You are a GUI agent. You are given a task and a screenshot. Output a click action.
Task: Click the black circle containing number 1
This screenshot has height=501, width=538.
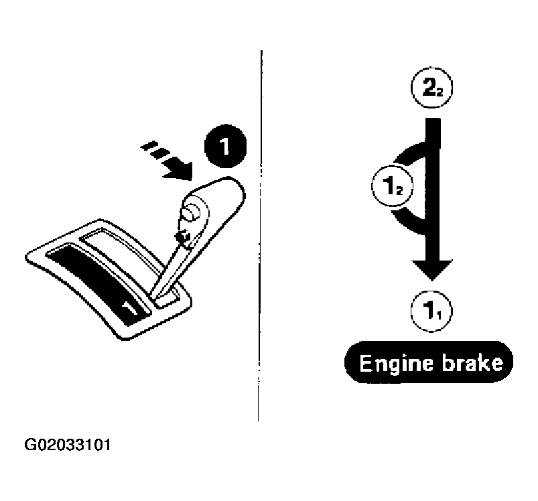point(225,146)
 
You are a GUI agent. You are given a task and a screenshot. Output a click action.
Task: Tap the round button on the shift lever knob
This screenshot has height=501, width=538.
point(190,212)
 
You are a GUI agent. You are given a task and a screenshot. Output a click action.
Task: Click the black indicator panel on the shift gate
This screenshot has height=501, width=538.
point(98,283)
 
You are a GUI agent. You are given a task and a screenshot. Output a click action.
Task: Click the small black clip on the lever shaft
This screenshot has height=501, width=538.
point(183,236)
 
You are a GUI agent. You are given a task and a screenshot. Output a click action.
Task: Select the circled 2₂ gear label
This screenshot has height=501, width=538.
point(431,88)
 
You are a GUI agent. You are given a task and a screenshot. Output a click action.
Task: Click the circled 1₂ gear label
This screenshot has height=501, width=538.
point(392,186)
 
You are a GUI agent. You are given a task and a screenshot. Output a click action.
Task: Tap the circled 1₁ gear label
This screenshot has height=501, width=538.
point(431,311)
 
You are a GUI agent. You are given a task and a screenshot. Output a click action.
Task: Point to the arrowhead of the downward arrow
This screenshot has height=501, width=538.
point(432,270)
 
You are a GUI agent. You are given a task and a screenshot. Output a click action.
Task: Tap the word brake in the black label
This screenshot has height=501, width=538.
point(473,362)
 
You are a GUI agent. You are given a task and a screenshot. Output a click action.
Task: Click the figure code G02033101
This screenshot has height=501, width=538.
point(68,445)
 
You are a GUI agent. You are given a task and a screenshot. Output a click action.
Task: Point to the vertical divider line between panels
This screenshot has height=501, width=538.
point(260,235)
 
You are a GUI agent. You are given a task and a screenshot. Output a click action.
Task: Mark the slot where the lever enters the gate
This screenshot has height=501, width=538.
point(167,297)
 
